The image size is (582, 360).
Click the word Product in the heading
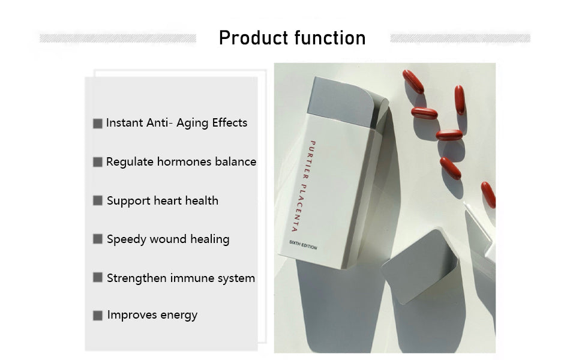click(254, 38)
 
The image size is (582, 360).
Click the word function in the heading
click(331, 37)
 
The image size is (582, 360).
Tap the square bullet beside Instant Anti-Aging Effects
click(98, 124)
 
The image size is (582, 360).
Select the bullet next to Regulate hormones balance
click(98, 162)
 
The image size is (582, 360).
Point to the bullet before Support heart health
click(98, 201)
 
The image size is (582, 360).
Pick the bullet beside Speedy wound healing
click(98, 239)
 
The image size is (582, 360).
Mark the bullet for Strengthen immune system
click(98, 278)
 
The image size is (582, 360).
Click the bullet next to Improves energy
click(98, 316)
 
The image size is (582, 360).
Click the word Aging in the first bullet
click(192, 123)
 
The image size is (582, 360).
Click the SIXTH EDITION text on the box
click(303, 245)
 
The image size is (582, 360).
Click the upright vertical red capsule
click(460, 100)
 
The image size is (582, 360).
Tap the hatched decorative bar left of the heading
click(118, 38)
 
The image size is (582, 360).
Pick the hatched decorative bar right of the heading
click(460, 38)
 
